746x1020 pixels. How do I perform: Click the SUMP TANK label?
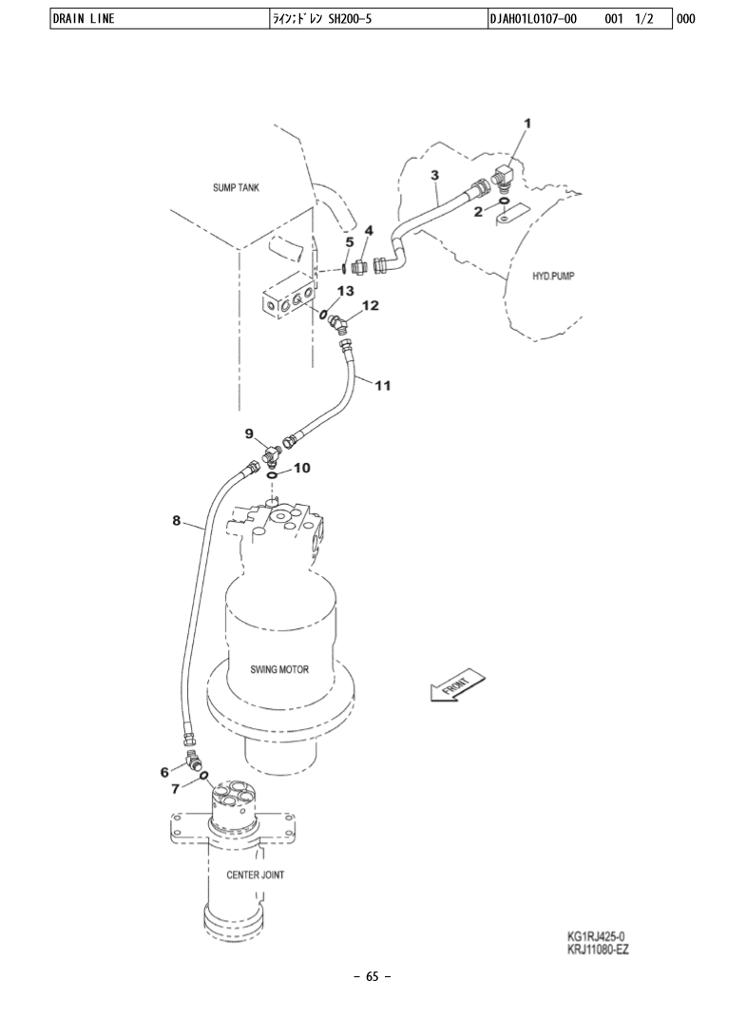(x=236, y=188)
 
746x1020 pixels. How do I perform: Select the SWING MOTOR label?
(x=279, y=669)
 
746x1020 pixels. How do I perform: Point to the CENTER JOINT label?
(x=255, y=875)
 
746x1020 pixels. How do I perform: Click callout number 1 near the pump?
(x=527, y=124)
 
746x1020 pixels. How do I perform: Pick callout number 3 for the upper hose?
(x=434, y=175)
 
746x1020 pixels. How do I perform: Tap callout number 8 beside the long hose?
(x=176, y=521)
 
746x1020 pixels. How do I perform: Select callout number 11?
(x=383, y=386)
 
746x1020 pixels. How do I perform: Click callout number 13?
(x=345, y=290)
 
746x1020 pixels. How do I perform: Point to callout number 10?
(x=302, y=468)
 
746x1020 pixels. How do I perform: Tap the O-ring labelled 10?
(x=273, y=476)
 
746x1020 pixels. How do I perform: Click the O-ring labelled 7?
(x=204, y=776)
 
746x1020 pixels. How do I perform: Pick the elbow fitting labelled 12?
(x=339, y=322)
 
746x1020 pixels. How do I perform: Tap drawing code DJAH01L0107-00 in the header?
(x=533, y=19)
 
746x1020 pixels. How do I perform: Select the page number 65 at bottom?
(x=373, y=976)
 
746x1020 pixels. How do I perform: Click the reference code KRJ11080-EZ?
(x=598, y=949)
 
